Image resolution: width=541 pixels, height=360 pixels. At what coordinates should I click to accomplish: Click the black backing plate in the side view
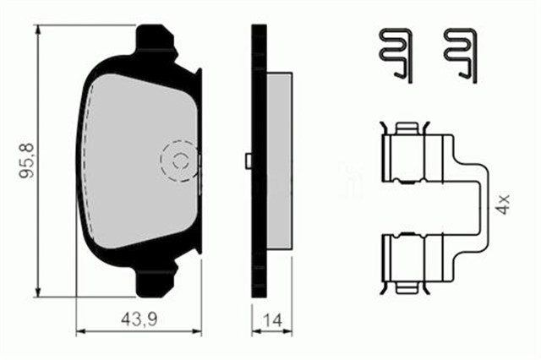260,161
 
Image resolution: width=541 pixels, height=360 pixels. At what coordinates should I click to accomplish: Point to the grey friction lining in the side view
279,161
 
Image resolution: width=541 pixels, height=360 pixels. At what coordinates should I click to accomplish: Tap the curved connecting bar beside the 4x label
484,207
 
